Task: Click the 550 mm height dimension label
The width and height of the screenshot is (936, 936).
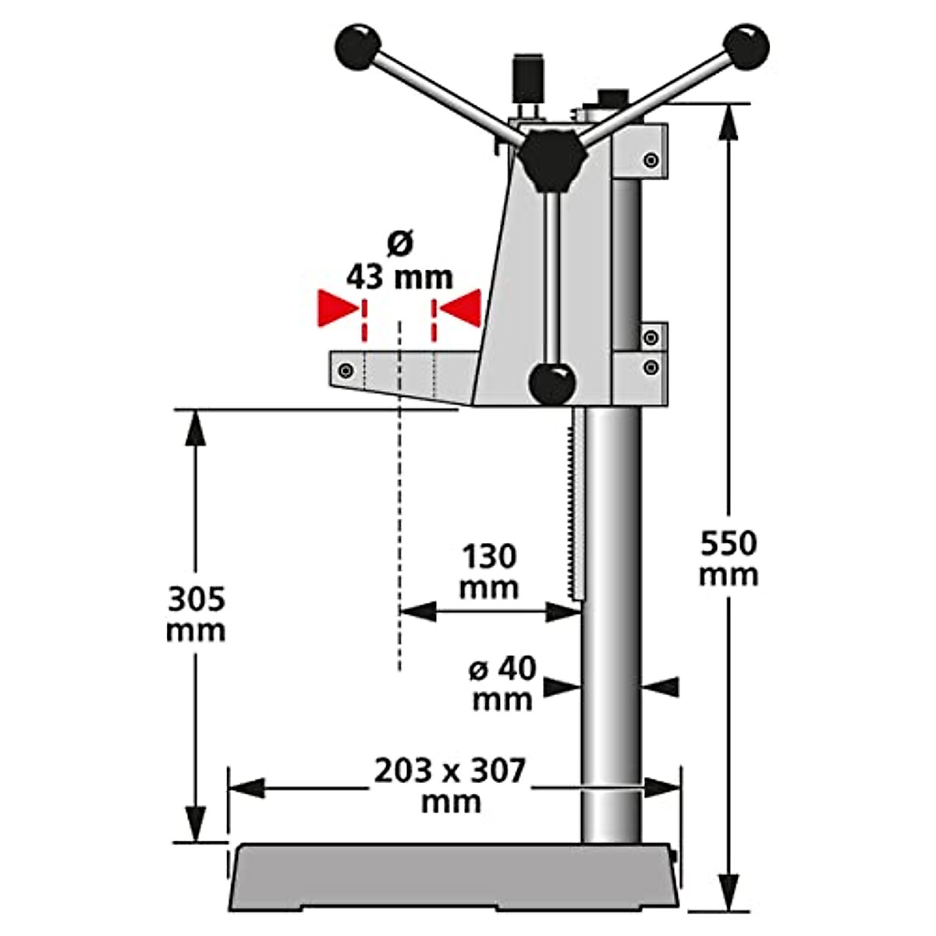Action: [728, 558]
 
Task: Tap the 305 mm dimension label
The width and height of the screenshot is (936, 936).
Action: [196, 614]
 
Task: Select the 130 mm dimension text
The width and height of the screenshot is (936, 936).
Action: [489, 572]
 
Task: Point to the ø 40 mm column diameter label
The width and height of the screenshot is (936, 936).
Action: [503, 683]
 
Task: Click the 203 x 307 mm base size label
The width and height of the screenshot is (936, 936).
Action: [451, 784]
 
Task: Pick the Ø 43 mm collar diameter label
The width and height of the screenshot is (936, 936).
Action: [399, 263]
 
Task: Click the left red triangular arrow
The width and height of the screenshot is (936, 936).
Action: [336, 309]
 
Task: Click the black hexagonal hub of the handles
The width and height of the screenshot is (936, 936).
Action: [553, 158]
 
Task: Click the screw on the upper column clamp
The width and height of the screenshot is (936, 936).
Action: [651, 161]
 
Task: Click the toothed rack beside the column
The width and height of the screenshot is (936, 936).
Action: [577, 507]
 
